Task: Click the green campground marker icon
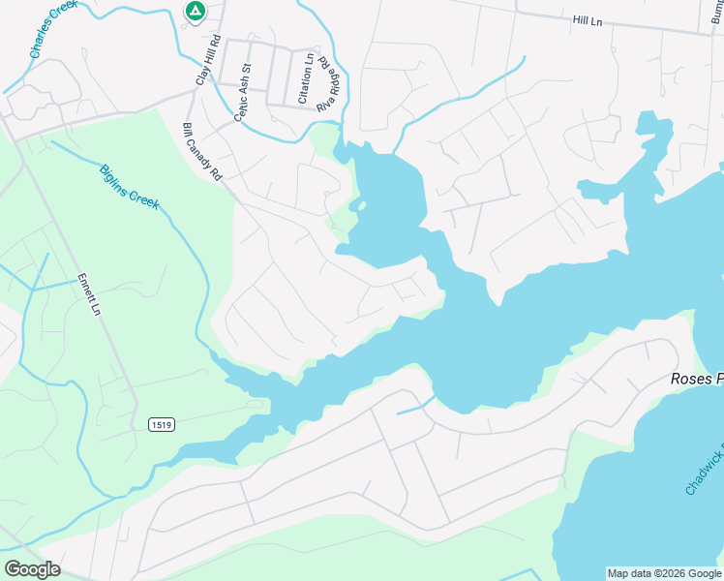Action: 195,12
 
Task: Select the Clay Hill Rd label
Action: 208,60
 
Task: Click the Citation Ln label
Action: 306,78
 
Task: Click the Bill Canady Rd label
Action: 202,152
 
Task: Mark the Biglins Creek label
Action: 129,187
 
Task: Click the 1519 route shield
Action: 161,425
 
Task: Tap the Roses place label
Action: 697,379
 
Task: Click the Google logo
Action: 32,568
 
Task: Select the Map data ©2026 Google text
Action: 664,574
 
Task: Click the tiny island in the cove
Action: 359,204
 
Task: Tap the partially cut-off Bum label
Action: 713,18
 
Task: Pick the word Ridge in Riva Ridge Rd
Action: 332,80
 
